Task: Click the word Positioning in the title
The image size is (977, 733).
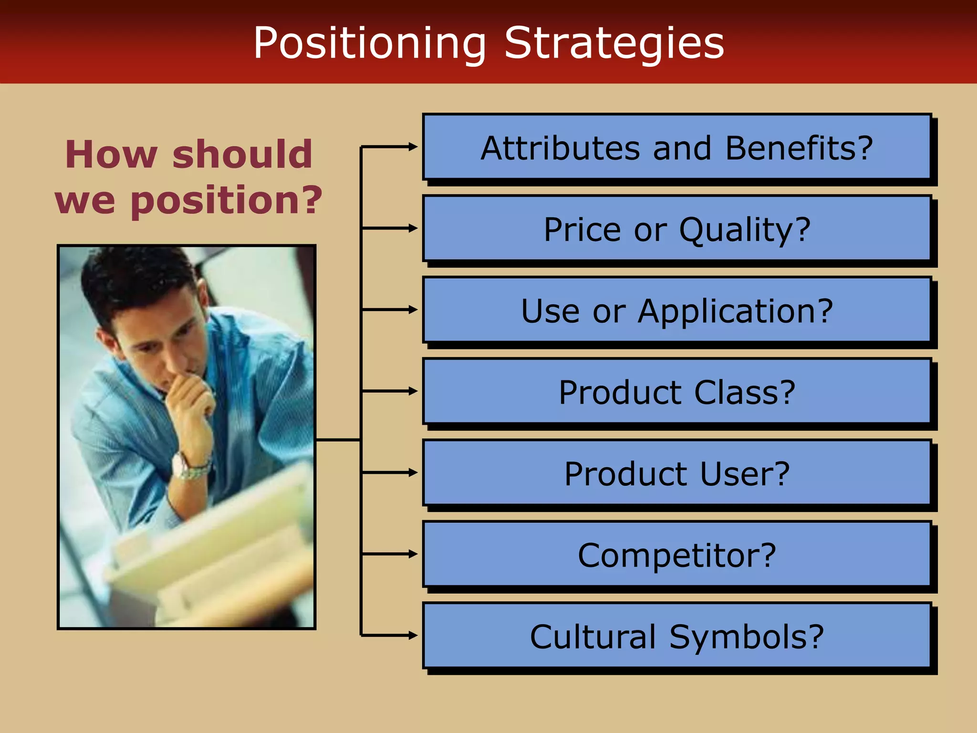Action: pyautogui.click(x=370, y=44)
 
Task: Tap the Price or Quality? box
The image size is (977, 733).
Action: pyautogui.click(x=676, y=229)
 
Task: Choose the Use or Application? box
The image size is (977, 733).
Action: pyautogui.click(x=676, y=310)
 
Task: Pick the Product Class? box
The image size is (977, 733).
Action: pyautogui.click(x=676, y=391)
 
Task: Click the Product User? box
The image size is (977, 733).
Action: pyautogui.click(x=676, y=473)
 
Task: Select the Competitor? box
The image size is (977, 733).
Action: pyautogui.click(x=676, y=555)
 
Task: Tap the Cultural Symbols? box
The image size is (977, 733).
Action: pyautogui.click(x=676, y=636)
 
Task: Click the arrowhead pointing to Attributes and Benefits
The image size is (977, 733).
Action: pyautogui.click(x=413, y=147)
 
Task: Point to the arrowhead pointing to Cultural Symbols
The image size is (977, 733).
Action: pyautogui.click(x=413, y=635)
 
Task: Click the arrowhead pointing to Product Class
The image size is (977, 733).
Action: pyautogui.click(x=413, y=391)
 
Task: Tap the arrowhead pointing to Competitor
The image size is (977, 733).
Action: pyautogui.click(x=413, y=554)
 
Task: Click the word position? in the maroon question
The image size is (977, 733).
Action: pyautogui.click(x=227, y=200)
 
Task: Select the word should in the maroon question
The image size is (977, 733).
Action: pyautogui.click(x=242, y=155)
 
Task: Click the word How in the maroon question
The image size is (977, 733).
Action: pyautogui.click(x=111, y=155)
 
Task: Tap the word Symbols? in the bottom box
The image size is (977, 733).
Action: pyautogui.click(x=747, y=637)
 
